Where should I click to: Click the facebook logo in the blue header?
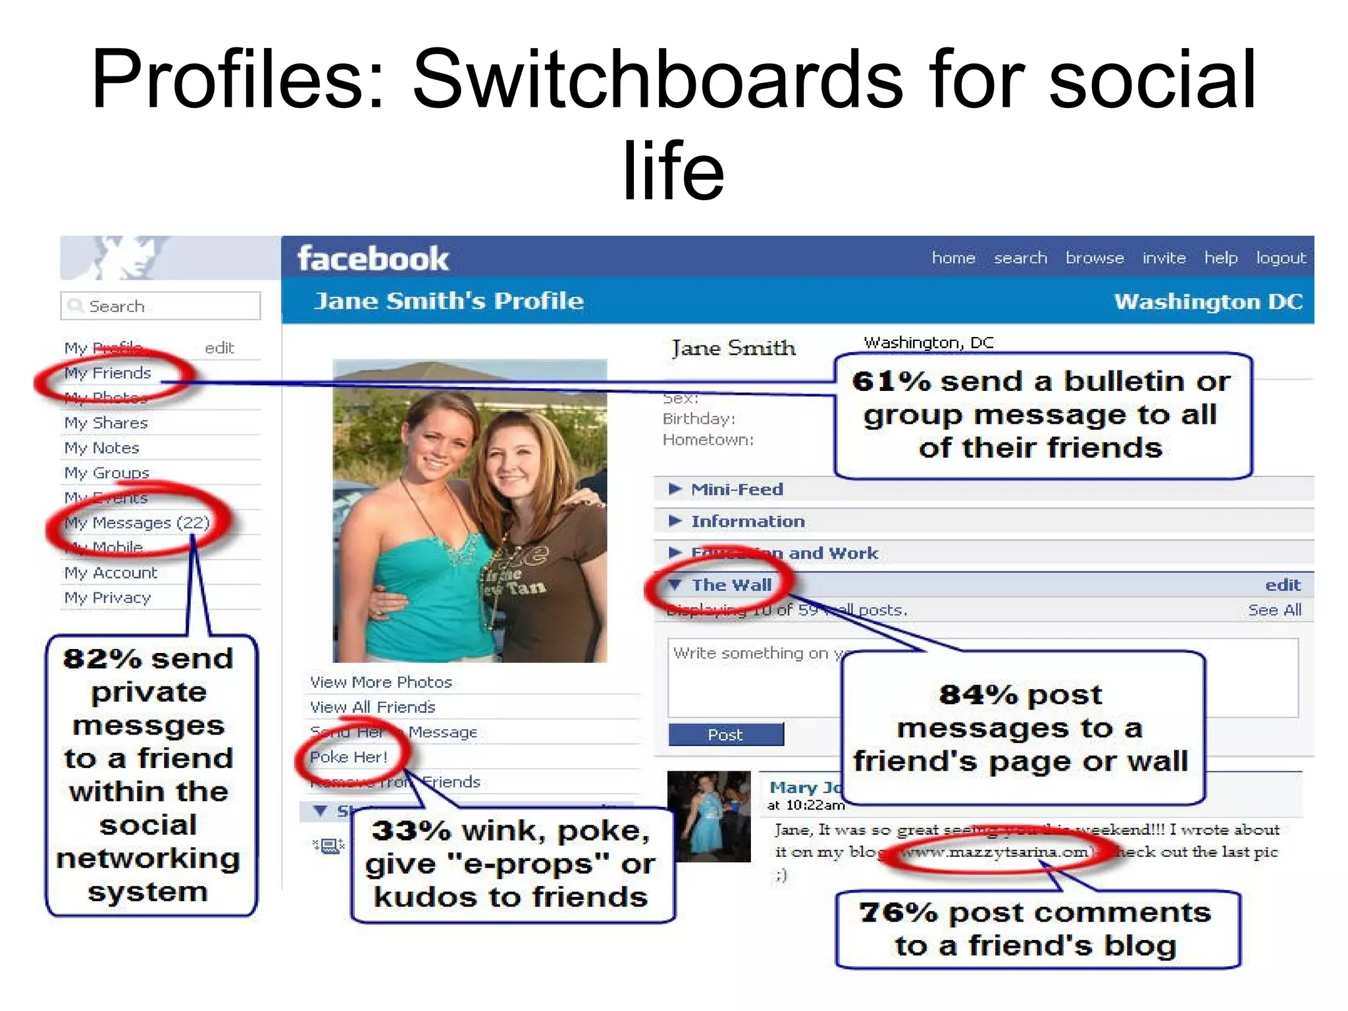click(x=373, y=259)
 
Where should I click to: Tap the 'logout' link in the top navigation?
click(x=1280, y=258)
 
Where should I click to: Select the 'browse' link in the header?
click(x=1095, y=258)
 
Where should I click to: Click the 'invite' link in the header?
click(x=1164, y=258)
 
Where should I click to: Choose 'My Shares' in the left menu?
click(x=106, y=423)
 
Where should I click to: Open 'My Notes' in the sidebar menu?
click(x=102, y=448)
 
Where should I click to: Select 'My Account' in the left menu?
click(x=111, y=573)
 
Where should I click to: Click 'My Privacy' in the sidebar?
click(x=107, y=598)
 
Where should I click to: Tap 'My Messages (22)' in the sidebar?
click(x=137, y=523)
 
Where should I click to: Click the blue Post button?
click(x=725, y=735)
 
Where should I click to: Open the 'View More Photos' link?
click(x=381, y=682)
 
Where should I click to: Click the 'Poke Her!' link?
click(x=349, y=757)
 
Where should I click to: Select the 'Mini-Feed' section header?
click(x=737, y=489)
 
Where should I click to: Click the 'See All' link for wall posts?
click(x=1274, y=610)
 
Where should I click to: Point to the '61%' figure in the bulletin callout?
click(x=891, y=382)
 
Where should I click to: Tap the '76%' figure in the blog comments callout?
click(x=898, y=913)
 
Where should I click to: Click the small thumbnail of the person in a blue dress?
click(x=709, y=816)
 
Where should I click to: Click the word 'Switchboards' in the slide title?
click(x=658, y=79)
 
